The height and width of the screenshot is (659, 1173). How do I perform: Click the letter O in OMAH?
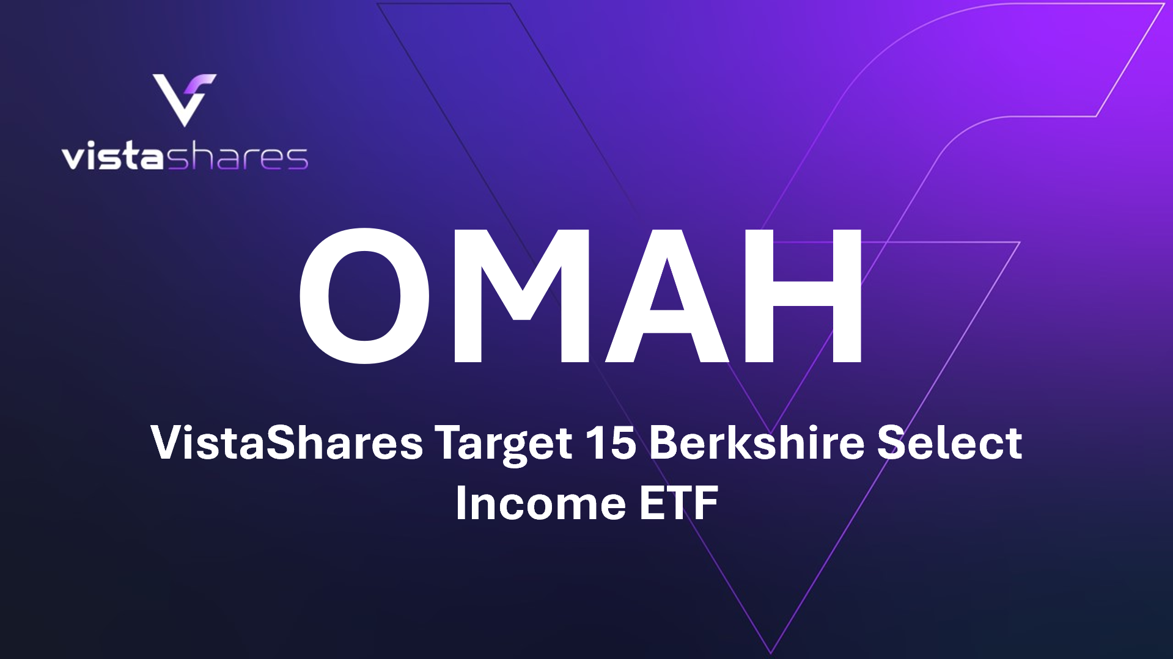point(364,296)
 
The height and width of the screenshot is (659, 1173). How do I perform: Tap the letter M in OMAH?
point(521,296)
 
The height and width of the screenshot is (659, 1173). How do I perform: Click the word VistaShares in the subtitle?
point(287,442)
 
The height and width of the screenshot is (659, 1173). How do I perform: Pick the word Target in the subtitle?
point(503,443)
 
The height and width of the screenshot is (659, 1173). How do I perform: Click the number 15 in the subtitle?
point(611,442)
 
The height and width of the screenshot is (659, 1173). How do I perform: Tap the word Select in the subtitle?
point(949,442)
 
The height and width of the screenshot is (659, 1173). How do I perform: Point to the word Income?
point(541,503)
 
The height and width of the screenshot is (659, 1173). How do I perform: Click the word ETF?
point(678,503)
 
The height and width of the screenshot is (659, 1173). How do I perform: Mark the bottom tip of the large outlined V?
point(771,652)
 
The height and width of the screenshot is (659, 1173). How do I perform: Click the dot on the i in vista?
point(92,144)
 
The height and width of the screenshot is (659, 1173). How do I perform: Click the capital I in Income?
point(460,503)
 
